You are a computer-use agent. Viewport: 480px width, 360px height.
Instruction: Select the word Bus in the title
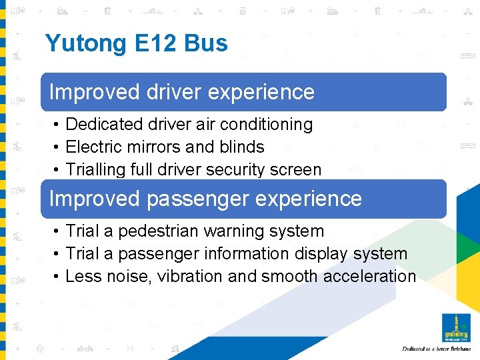(207, 44)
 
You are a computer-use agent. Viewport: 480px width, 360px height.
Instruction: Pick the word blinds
(242, 147)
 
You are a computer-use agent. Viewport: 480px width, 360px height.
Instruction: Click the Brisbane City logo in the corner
(456, 327)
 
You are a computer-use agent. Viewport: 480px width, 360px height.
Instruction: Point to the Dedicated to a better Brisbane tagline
(436, 349)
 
